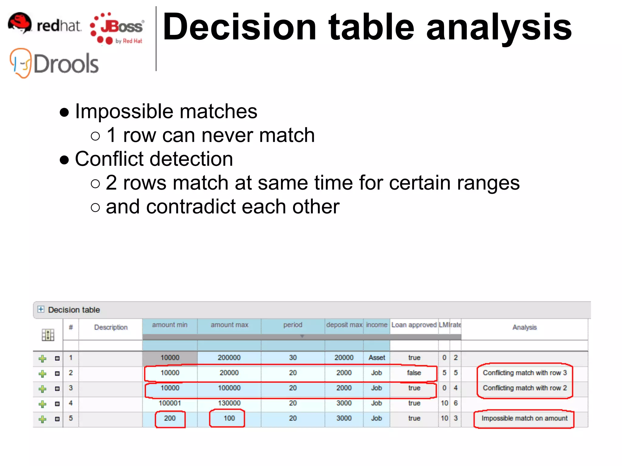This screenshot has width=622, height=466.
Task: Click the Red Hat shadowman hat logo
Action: point(19,23)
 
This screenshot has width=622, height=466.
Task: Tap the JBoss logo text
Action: point(121,27)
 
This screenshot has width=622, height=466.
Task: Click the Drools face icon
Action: point(21,63)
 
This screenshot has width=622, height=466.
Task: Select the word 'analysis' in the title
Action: point(499,27)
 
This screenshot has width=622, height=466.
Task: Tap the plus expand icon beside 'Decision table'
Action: point(41,309)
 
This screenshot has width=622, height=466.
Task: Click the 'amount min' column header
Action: point(170,325)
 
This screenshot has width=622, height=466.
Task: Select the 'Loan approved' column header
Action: point(414,325)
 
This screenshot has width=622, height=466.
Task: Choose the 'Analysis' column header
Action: point(525,327)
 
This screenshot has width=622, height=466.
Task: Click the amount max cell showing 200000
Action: point(229,358)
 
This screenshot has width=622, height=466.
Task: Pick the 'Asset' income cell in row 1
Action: point(377,358)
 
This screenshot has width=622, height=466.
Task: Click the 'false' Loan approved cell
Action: point(414,373)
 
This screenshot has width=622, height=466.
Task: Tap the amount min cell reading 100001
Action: point(170,403)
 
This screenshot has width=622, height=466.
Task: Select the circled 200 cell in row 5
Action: point(170,418)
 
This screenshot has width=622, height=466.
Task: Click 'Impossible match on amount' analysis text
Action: point(524,418)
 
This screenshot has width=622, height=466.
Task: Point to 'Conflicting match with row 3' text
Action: point(525,373)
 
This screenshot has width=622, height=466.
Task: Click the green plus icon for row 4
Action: point(43,404)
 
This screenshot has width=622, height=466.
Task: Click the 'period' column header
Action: point(293,325)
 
